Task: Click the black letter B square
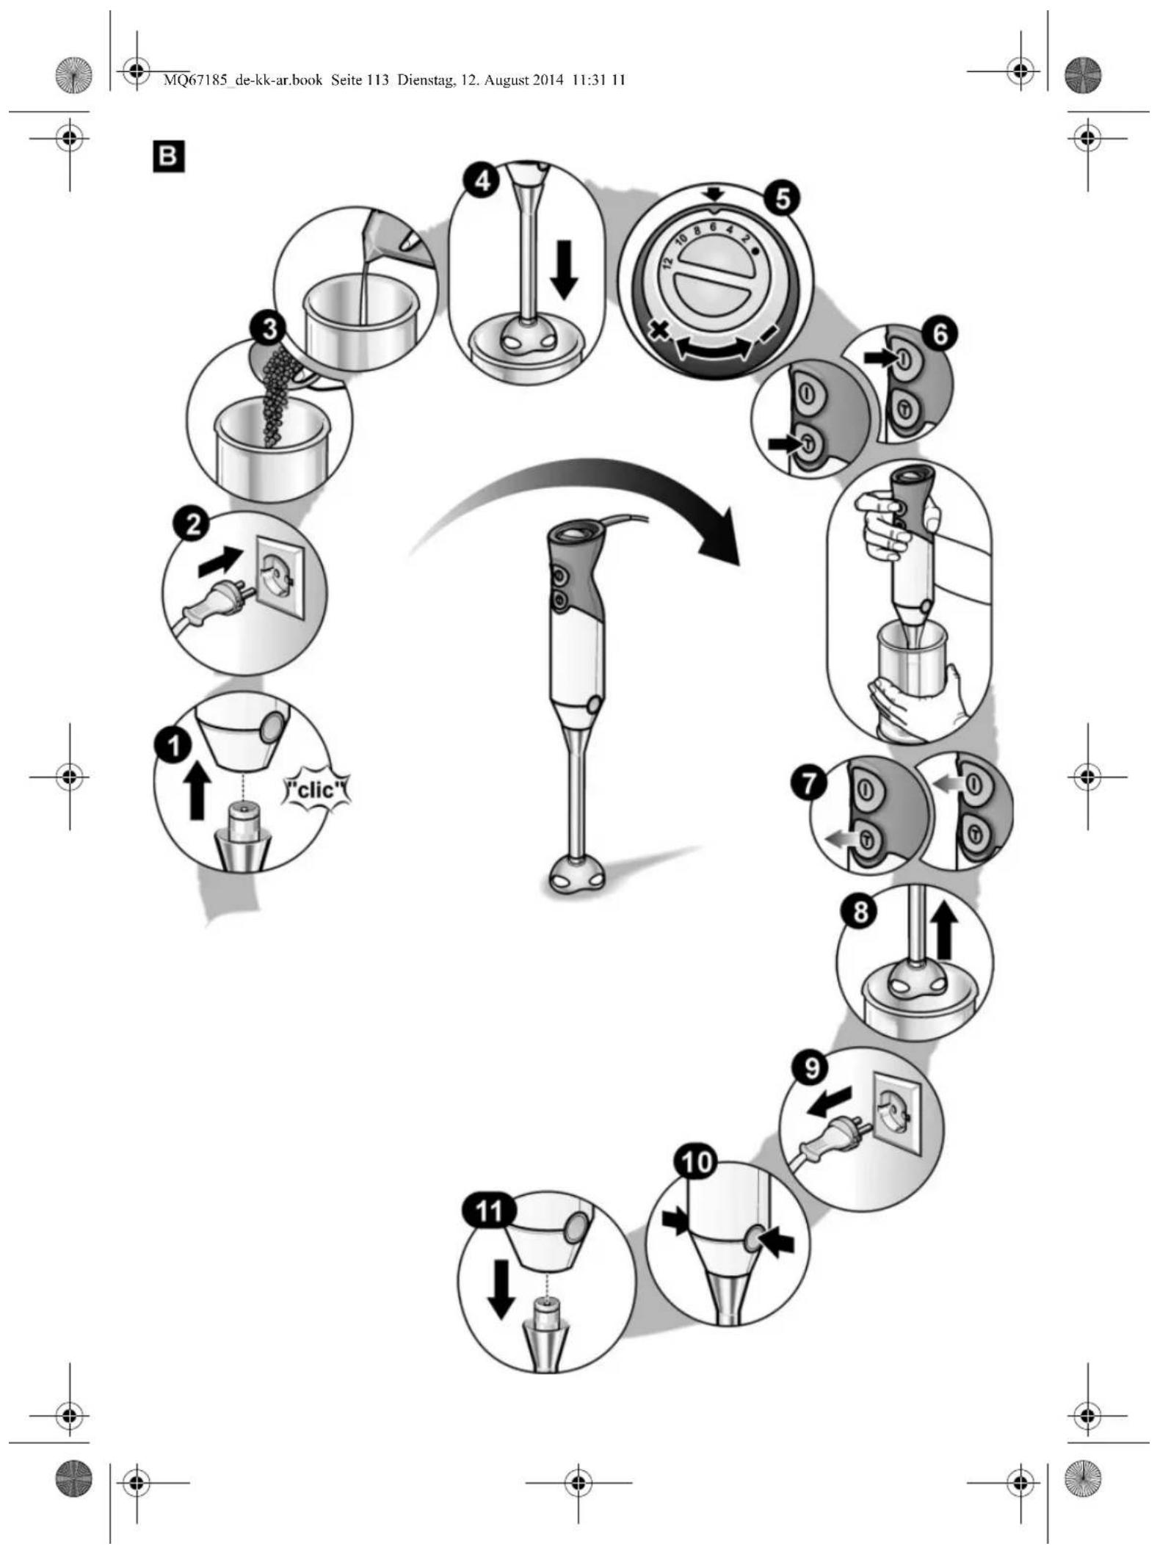168,157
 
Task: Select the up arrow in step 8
945,931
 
